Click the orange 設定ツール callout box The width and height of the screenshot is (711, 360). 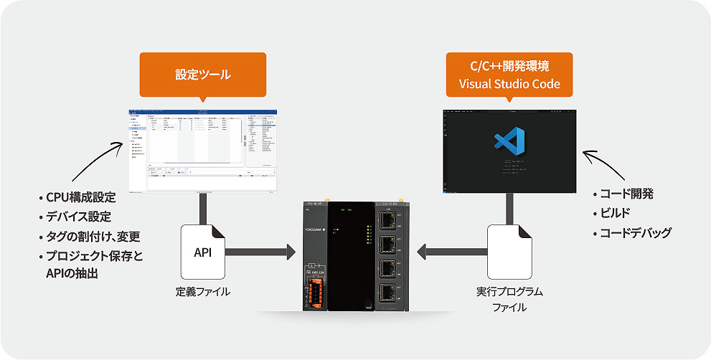click(x=203, y=74)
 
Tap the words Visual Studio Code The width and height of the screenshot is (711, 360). click(x=509, y=84)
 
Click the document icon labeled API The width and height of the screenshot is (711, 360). click(x=203, y=252)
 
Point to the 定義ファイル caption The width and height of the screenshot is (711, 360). click(x=203, y=293)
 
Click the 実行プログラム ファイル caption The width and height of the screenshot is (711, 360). click(x=509, y=299)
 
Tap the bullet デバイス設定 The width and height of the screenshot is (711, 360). click(x=79, y=217)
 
